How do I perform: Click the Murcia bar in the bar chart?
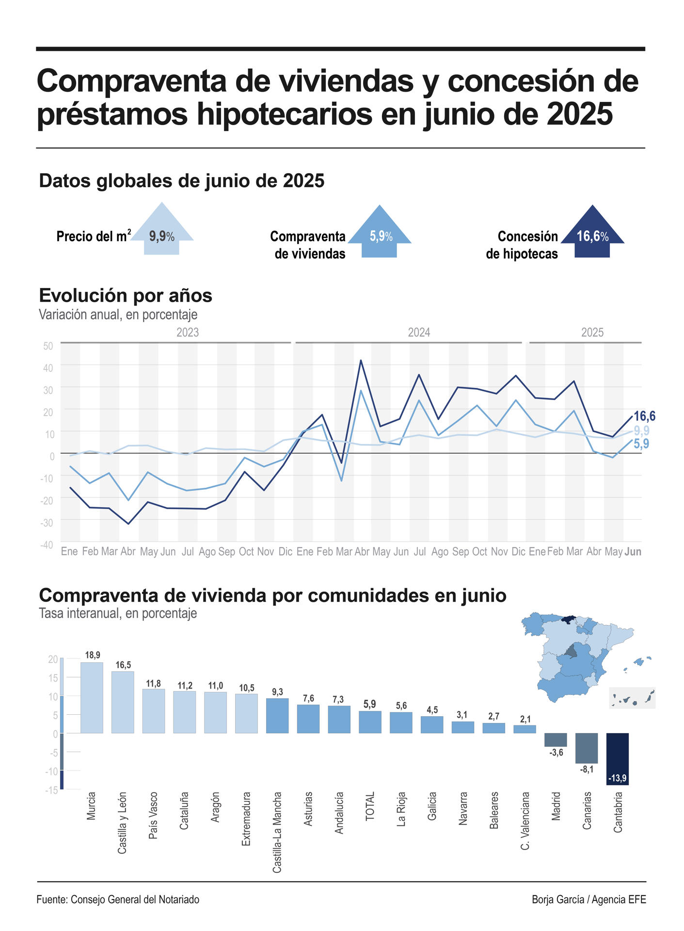tap(92, 697)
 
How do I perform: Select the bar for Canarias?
tap(587, 748)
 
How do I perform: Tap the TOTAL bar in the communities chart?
tap(370, 722)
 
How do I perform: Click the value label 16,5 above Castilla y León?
tap(123, 665)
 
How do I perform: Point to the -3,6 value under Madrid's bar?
tap(556, 753)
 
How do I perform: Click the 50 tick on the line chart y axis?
tap(48, 346)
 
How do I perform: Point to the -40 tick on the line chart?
tap(47, 545)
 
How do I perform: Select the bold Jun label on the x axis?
tap(633, 551)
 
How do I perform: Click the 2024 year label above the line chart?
tap(419, 333)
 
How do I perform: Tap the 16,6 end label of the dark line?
tap(645, 416)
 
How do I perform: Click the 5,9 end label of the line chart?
tap(641, 444)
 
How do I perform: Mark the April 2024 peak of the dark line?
tap(361, 361)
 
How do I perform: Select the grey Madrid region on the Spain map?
tap(573, 651)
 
